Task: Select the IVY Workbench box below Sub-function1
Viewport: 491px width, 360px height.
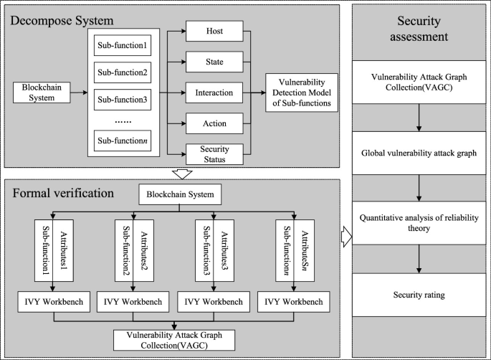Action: tap(53, 301)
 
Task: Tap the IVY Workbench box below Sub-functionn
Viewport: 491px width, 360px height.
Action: tap(292, 301)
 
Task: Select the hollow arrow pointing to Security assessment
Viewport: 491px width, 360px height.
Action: tap(346, 235)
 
